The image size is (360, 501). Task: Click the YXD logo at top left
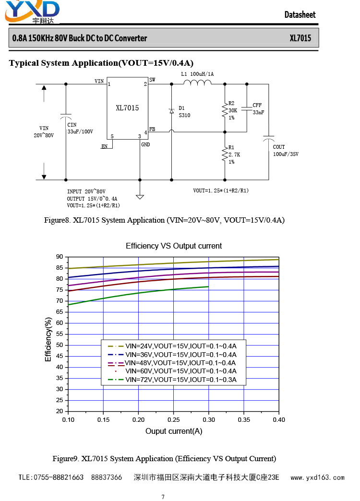pyautogui.click(x=32, y=12)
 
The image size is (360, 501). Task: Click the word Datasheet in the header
pyautogui.click(x=300, y=15)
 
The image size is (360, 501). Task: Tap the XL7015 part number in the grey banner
pyautogui.click(x=300, y=38)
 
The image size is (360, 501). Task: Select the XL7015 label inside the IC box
pyautogui.click(x=127, y=108)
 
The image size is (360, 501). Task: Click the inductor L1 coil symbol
pyautogui.click(x=197, y=83)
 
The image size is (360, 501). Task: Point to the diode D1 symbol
pyautogui.click(x=172, y=111)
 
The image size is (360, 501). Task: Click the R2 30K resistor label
pyautogui.click(x=232, y=110)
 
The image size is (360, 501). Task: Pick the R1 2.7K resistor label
pyautogui.click(x=234, y=155)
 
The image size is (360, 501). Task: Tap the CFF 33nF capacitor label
pyautogui.click(x=258, y=108)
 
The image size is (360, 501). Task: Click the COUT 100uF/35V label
pyautogui.click(x=286, y=151)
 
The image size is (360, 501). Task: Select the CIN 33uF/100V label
pyautogui.click(x=80, y=128)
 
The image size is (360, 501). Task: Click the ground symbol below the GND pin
pyautogui.click(x=140, y=197)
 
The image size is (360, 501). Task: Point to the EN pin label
pyautogui.click(x=105, y=146)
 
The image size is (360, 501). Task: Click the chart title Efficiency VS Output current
pyautogui.click(x=174, y=246)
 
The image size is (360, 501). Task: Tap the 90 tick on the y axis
pyautogui.click(x=60, y=257)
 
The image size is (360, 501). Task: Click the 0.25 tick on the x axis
pyautogui.click(x=174, y=420)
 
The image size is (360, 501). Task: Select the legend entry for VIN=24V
pyautogui.click(x=172, y=346)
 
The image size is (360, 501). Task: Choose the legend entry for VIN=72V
pyautogui.click(x=172, y=380)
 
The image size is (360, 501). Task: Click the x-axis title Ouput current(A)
pyautogui.click(x=174, y=431)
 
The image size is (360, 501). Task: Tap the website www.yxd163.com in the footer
pyautogui.click(x=317, y=477)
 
